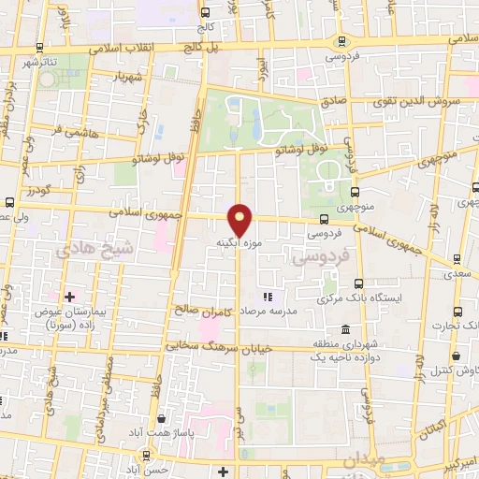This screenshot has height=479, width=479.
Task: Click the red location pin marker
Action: pos(240,219)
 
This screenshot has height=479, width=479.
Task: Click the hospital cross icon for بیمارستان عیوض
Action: pos(69,297)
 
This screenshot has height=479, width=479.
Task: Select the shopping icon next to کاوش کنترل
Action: pos(456,356)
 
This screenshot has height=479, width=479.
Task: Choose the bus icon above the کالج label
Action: pos(205,12)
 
